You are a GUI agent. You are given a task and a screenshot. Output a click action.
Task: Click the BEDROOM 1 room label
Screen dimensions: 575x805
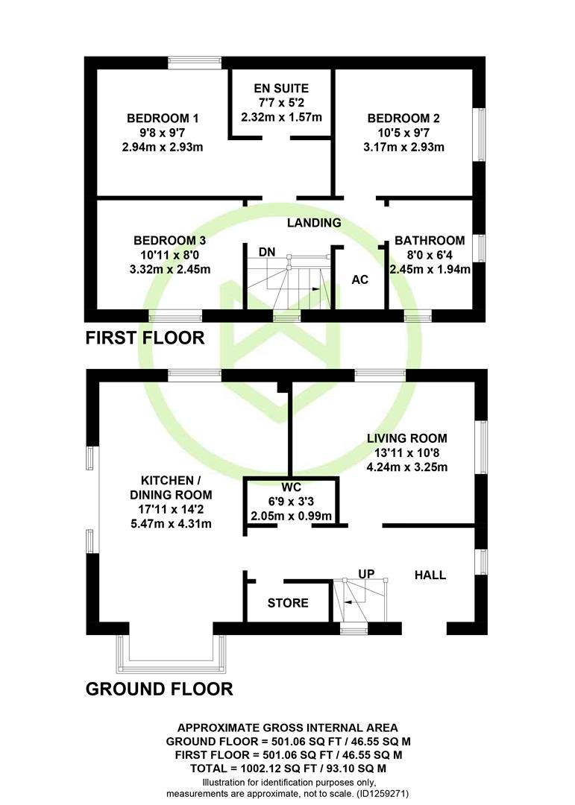[163, 118]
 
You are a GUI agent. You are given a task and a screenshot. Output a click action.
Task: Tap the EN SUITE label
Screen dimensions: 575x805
[281, 88]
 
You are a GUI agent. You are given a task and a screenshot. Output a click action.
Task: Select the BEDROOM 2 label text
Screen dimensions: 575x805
[403, 118]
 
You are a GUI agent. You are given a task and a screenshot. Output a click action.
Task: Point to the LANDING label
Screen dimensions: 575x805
[314, 222]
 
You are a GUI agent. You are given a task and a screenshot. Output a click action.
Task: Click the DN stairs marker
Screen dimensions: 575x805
[267, 252]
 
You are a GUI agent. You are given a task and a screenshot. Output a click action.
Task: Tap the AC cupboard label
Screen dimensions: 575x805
[359, 280]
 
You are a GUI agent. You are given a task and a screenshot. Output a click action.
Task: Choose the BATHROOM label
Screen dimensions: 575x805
[430, 240]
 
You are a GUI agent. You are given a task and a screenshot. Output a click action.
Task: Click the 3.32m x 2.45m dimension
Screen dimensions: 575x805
[170, 269]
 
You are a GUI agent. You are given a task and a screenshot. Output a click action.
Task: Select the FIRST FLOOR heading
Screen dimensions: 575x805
[145, 338]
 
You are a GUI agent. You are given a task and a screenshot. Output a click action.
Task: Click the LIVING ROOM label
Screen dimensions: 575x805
[407, 438]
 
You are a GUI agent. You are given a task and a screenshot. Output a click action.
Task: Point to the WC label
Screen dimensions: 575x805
[291, 487]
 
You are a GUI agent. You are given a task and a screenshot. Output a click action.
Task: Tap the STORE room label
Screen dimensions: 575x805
[288, 603]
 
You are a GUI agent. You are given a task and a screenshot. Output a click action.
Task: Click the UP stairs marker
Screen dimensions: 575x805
[366, 573]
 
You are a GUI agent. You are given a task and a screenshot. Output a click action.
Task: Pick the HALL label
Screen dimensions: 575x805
[430, 575]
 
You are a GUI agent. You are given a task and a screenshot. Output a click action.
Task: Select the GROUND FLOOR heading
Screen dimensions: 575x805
[160, 689]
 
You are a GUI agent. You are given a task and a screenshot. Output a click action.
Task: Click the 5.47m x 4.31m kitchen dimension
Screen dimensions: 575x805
[171, 524]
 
